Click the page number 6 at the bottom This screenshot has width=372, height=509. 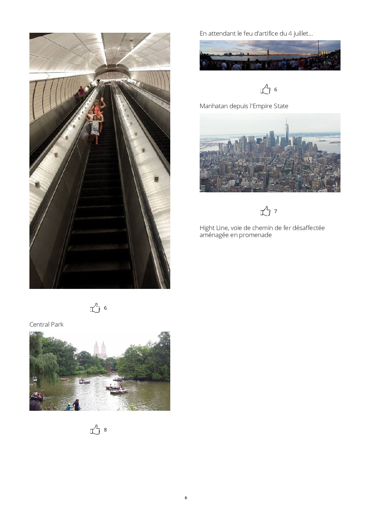[x=186, y=498]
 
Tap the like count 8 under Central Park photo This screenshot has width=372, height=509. [x=105, y=430]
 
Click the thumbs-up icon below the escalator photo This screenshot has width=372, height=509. [x=95, y=308]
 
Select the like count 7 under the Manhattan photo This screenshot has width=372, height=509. [x=275, y=211]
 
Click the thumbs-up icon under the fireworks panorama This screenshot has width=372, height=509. [x=266, y=89]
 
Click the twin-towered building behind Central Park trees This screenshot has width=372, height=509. [x=100, y=350]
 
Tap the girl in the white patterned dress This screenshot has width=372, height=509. [x=95, y=129]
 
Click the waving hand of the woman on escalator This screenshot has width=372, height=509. [x=102, y=99]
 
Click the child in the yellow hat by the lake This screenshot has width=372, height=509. [x=69, y=407]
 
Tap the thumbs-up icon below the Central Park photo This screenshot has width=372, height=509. [x=95, y=429]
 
